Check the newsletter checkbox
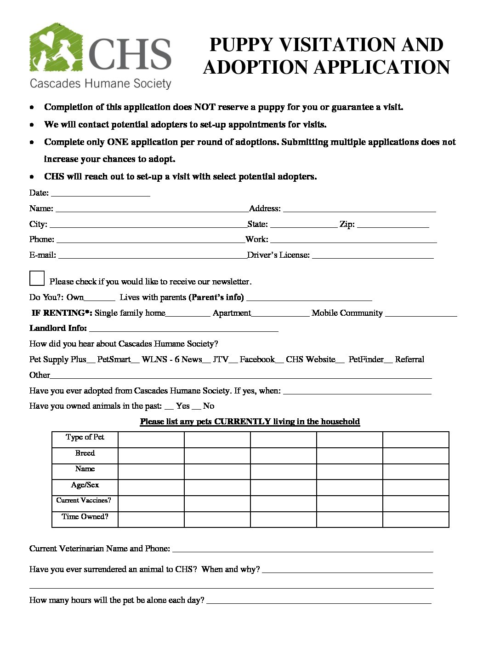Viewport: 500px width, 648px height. (37, 278)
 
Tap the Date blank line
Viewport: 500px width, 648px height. (100, 193)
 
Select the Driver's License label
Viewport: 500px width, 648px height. (278, 255)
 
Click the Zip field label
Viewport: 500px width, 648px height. (347, 225)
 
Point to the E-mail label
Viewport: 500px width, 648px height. (43, 255)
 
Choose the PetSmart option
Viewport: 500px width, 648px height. (114, 359)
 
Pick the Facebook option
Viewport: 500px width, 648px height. (257, 359)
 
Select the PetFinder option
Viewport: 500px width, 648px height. (366, 359)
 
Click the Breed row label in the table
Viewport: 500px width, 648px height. (85, 453)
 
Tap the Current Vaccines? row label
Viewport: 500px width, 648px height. (84, 501)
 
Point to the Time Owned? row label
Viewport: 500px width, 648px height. (85, 517)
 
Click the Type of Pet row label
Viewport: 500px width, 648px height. (85, 437)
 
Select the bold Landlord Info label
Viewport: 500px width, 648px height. (58, 328)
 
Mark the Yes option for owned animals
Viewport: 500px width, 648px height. (182, 406)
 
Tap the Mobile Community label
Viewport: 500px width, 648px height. (347, 313)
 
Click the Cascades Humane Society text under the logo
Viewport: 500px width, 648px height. (100, 83)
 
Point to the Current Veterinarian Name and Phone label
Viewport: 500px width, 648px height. (100, 549)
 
